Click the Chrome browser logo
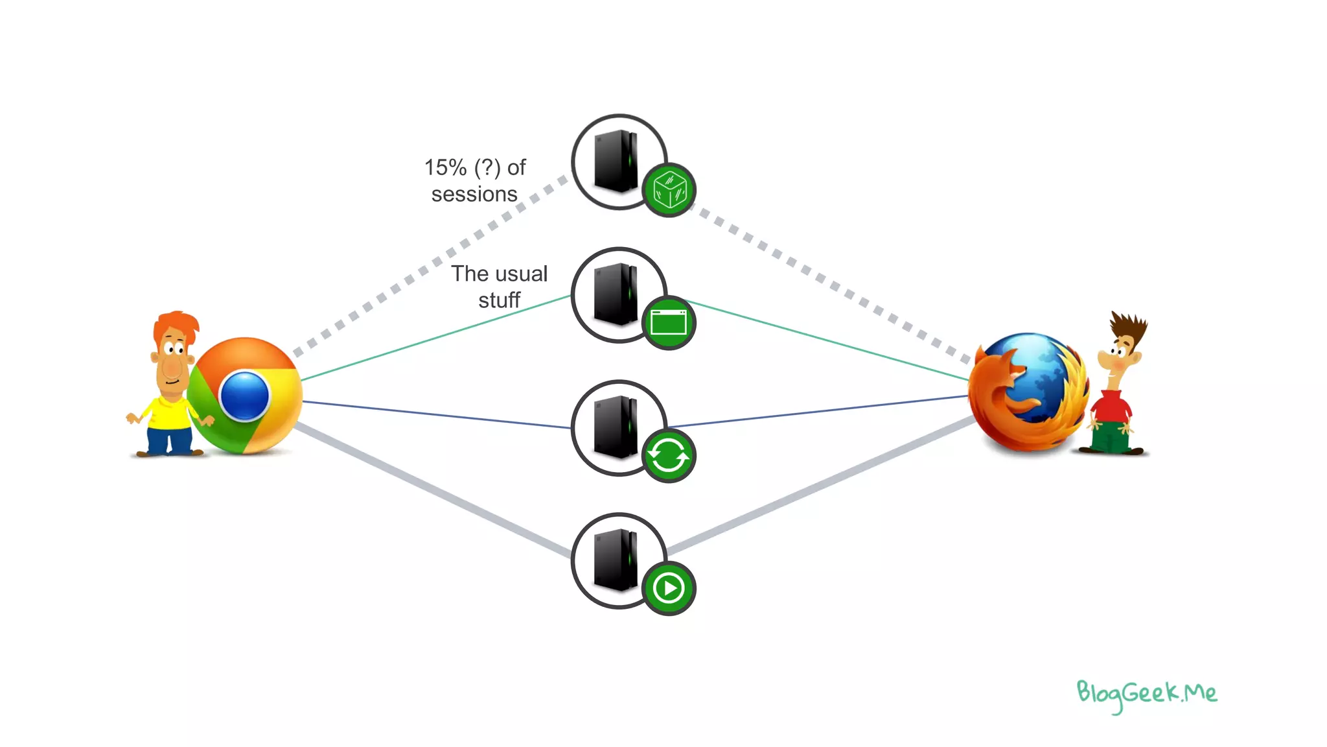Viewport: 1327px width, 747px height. coord(245,396)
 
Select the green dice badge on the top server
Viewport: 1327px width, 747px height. coord(669,190)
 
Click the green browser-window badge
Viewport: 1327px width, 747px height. coord(669,323)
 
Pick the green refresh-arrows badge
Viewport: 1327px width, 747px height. coord(669,456)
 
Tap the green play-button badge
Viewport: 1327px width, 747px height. coord(669,589)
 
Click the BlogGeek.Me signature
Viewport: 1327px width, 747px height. coord(1146,694)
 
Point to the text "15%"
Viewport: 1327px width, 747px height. coord(445,167)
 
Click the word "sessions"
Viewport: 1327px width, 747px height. coord(474,195)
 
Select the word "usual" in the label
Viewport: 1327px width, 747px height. coord(521,274)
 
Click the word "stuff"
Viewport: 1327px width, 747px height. coord(499,300)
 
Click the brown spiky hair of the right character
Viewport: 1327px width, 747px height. coord(1129,327)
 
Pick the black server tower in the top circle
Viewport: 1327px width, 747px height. coord(616,161)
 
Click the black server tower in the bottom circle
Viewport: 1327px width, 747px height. coord(616,560)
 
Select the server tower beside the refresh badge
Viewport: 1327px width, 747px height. coord(616,427)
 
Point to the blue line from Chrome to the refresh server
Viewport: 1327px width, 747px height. coord(434,414)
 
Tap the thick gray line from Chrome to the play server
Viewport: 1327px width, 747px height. coord(434,491)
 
